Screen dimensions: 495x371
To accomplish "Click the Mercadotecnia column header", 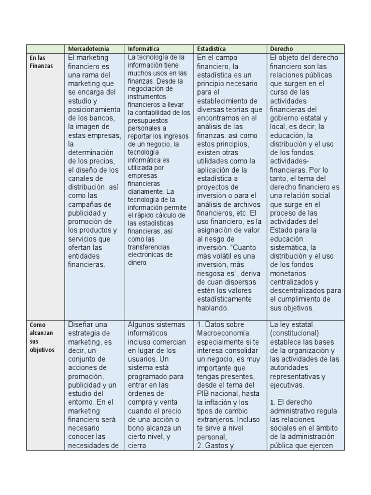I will (88, 49).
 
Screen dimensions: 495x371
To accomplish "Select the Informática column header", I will (143, 49).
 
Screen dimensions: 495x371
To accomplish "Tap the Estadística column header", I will (211, 49).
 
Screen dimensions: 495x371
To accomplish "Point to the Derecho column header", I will (282, 49).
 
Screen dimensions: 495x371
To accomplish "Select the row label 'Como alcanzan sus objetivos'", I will (42, 337).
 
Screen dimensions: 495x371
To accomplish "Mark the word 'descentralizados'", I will (299, 291).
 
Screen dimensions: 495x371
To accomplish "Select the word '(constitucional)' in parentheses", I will (294, 333).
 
